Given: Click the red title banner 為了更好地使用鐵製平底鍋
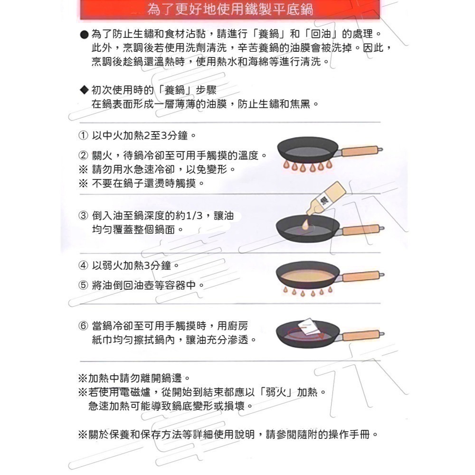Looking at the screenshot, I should click(230, 9).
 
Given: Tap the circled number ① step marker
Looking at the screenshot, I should click(83, 135).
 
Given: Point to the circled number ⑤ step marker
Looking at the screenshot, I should click(83, 285).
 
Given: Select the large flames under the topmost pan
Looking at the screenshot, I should click(307, 166).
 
